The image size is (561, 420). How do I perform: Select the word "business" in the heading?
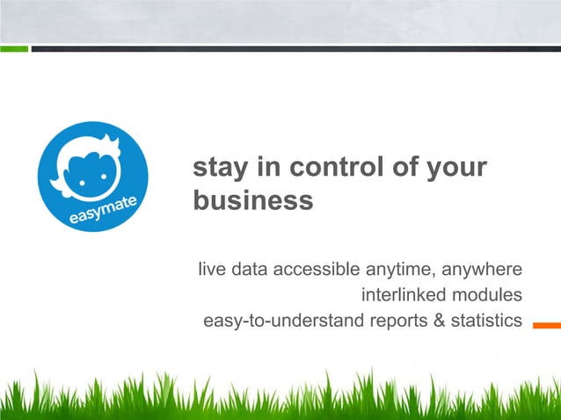(252, 200)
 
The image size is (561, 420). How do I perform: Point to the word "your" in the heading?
(455, 167)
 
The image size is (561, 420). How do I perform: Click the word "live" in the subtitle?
(209, 268)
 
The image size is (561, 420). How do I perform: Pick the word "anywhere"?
(484, 268)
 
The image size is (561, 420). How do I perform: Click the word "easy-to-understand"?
(283, 320)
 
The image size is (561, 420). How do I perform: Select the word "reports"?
(399, 320)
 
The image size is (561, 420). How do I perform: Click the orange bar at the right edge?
(547, 323)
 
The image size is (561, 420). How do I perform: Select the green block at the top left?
(13, 48)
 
